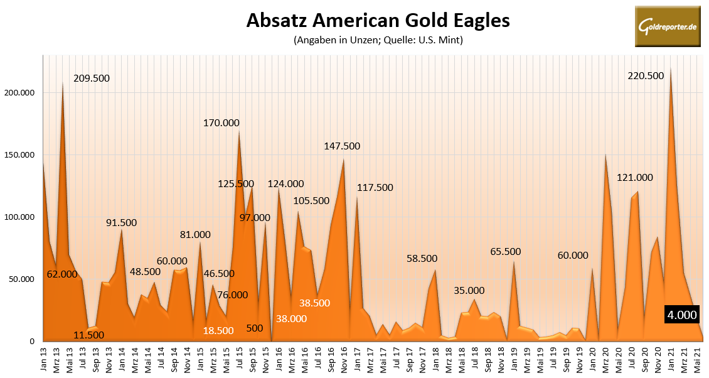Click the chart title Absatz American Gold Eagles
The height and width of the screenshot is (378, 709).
[378, 21]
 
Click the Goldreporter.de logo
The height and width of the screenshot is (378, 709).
[667, 26]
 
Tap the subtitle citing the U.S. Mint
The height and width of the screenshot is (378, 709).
[378, 41]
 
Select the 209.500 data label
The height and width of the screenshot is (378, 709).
[92, 78]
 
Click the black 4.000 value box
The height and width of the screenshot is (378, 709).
[682, 315]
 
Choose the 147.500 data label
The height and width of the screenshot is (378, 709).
[342, 146]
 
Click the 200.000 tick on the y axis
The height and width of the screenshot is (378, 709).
[24, 93]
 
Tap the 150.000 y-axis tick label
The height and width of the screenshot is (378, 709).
[24, 155]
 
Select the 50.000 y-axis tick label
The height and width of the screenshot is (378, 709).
[26, 279]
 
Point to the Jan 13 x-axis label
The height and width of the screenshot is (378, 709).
[44, 359]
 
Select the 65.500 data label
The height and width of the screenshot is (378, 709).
[506, 252]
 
